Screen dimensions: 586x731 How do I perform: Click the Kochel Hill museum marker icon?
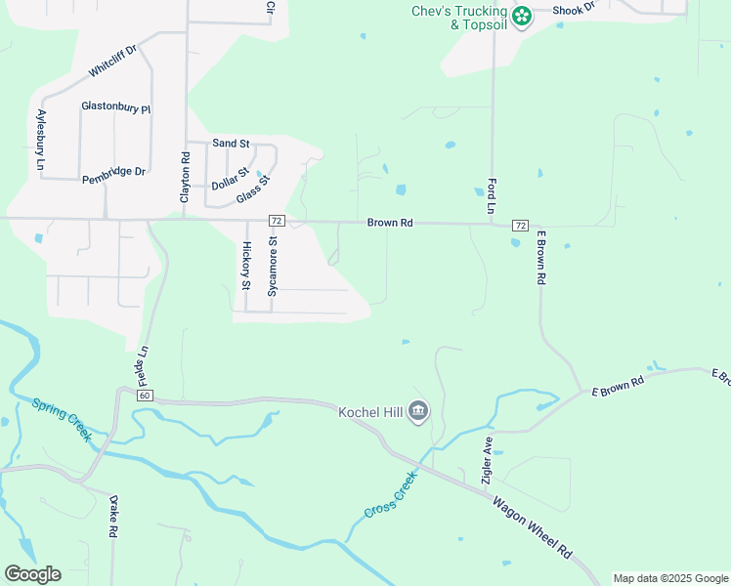pos(418,411)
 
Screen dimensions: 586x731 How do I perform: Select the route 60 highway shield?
pos(145,395)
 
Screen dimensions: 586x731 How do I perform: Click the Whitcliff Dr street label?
pos(114,62)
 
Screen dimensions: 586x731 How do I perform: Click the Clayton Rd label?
pos(184,177)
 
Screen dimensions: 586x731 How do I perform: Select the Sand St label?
pos(231,144)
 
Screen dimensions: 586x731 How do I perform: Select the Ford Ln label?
pos(491,196)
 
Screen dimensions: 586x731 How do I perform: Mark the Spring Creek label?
pos(61,419)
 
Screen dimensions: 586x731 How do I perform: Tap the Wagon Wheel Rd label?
pos(532,527)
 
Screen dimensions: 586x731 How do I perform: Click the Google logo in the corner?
pos(32,574)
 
